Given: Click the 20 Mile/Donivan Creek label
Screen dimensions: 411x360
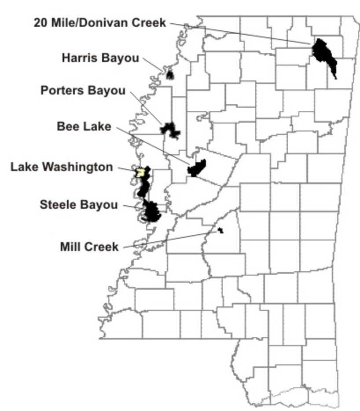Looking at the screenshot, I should pos(100,22).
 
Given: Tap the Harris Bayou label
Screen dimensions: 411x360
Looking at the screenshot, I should pos(100,58).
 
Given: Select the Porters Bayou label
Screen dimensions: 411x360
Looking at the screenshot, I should pos(83,91).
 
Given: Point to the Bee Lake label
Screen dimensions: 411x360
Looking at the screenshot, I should pos(84,126).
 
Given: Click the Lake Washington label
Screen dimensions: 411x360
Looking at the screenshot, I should pos(62,167).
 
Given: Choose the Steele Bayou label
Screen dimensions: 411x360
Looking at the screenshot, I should pos(79,204).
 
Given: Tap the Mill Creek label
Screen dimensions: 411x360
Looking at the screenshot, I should pos(89,247).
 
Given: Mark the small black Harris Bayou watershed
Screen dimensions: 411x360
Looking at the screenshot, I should pos(170,75).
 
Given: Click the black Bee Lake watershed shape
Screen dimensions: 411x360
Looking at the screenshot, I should pos(197,167).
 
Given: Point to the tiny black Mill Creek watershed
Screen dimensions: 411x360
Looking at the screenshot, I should pos(220,230).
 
